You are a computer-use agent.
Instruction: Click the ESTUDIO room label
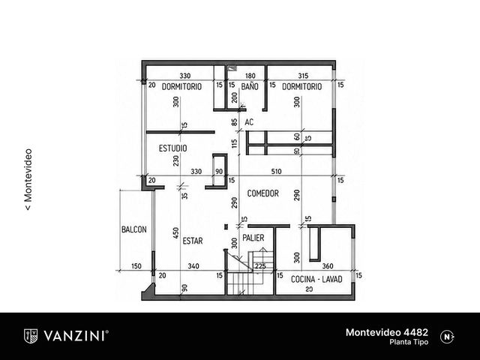coord(173,148)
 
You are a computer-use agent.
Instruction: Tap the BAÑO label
coord(250,87)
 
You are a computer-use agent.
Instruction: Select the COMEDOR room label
coord(263,193)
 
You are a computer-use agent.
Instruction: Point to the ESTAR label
coord(193,241)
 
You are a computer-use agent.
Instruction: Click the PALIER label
coord(253,238)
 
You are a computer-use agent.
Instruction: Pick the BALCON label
coord(134,229)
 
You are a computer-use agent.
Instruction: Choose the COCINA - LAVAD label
coord(316,279)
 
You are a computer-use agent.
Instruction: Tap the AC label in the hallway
coord(249,122)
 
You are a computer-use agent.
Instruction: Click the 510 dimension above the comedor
coord(277,172)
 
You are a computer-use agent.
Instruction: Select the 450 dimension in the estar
coord(175,233)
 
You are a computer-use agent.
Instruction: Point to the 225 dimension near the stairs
coord(260,266)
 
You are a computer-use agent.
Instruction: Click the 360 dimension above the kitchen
coord(328,266)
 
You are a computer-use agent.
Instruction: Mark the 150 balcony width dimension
coord(136,266)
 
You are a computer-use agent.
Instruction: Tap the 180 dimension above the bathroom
coord(250,76)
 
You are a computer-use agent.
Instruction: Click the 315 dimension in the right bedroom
coord(303,76)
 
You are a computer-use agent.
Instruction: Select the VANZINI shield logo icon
coord(31,336)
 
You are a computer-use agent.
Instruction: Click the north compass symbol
coord(447,337)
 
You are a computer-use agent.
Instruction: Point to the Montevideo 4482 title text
coord(387,332)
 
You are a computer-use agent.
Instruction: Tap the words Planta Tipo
coord(409,342)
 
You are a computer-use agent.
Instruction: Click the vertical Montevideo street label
coord(28,180)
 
